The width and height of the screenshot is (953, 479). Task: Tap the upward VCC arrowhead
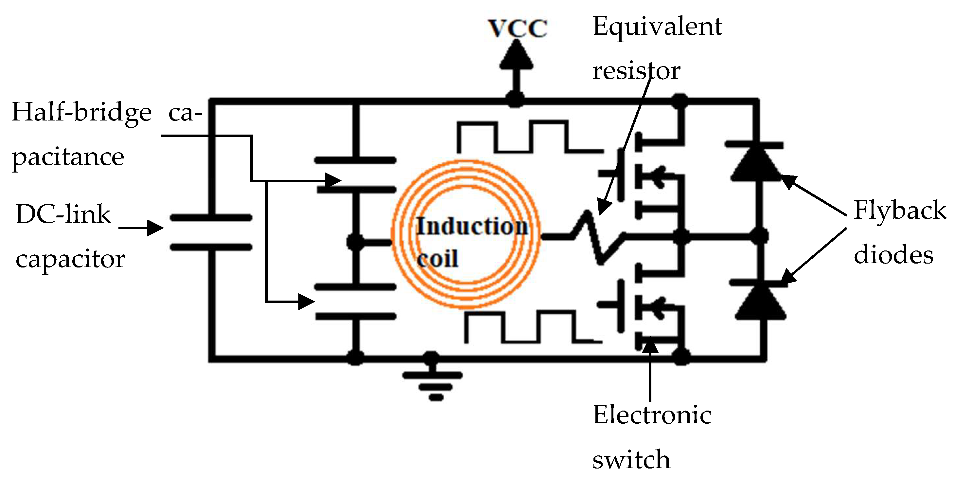coord(516,56)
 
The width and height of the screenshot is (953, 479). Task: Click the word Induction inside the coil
coord(472,227)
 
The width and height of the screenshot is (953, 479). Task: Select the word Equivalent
coord(657,28)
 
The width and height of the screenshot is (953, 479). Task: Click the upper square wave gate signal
coord(529,137)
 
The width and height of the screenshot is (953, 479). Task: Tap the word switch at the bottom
coord(631,460)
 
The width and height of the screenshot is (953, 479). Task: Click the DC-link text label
coord(63,215)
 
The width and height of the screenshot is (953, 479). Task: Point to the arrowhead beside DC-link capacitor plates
coord(155,228)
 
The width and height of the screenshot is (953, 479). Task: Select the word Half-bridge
coord(81,113)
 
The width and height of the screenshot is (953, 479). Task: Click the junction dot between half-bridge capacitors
coord(356,243)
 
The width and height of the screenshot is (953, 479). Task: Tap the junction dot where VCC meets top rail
coord(515,99)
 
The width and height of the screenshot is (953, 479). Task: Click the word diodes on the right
coord(893,255)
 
